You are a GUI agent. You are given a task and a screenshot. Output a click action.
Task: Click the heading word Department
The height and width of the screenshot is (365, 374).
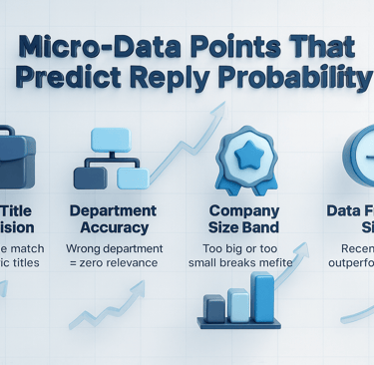pos(113,210)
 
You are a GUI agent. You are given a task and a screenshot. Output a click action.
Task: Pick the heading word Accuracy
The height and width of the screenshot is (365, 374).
pos(113,227)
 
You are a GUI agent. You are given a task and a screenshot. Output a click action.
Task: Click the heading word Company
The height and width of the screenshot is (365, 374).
pos(243,210)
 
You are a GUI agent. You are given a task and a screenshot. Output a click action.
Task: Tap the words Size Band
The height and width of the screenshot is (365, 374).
pos(243,227)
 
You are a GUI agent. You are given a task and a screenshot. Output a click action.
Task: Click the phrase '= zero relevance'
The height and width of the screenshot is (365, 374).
pos(112,262)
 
